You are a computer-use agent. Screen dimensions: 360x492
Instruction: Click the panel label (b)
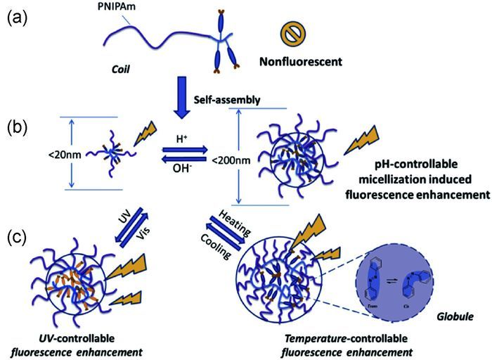[18, 129]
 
